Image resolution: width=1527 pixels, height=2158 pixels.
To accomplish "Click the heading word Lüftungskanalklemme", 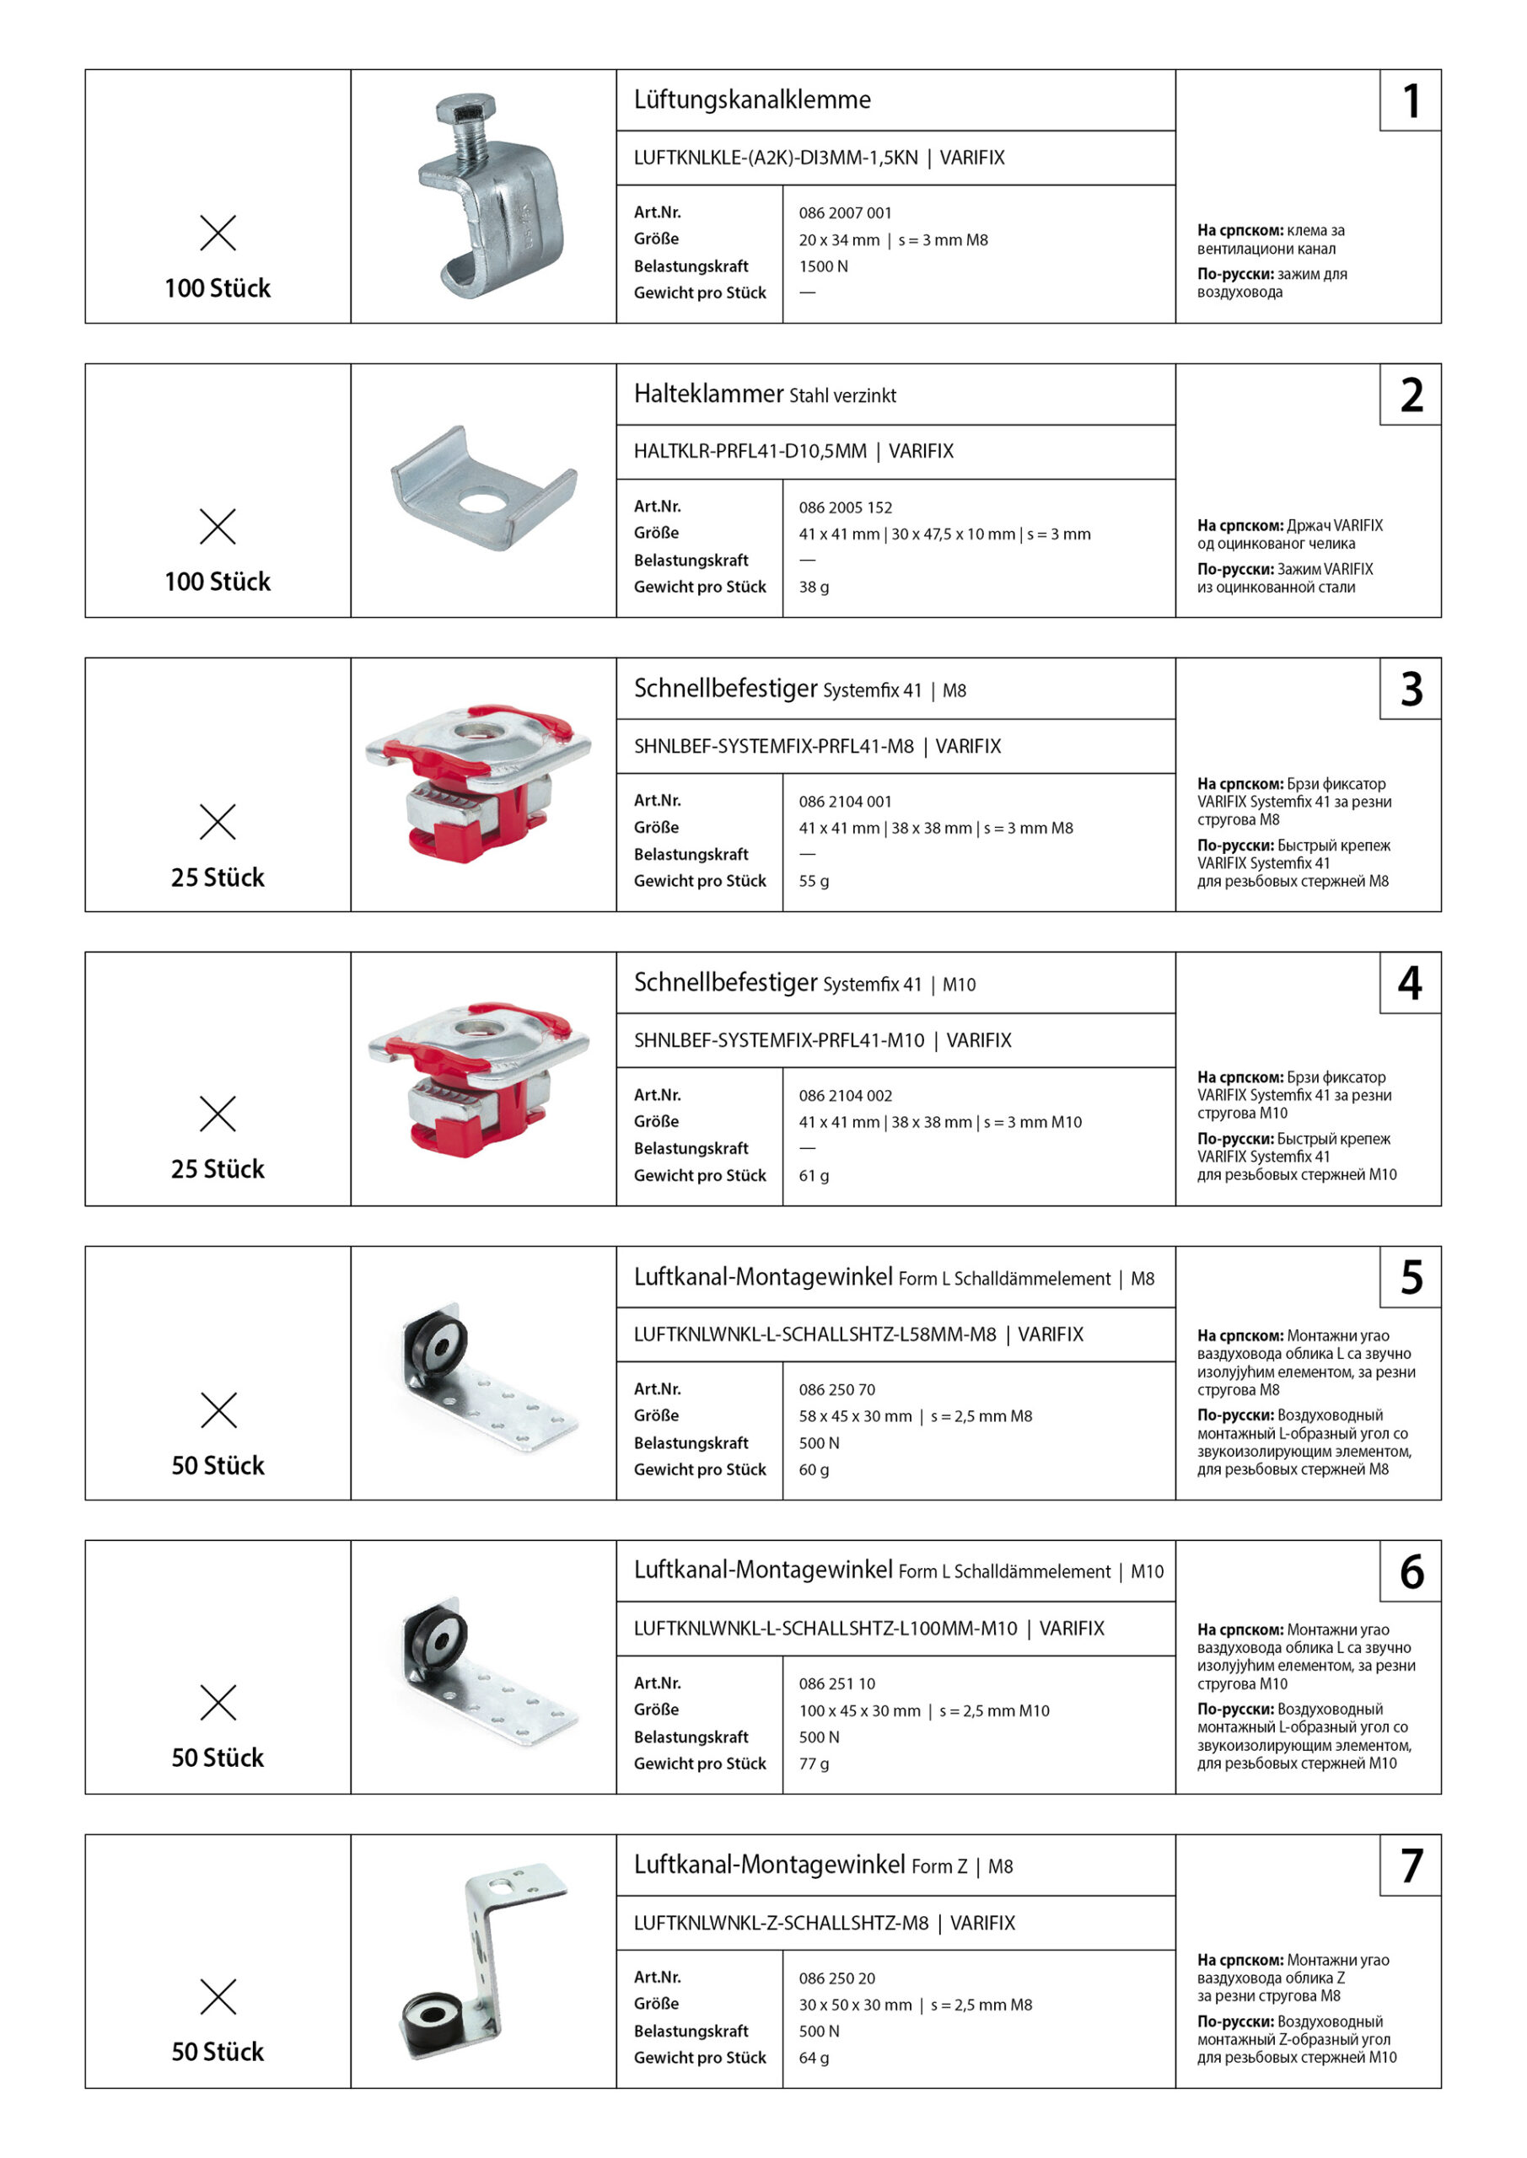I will tap(751, 99).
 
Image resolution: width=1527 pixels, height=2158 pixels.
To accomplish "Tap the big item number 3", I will tap(1411, 689).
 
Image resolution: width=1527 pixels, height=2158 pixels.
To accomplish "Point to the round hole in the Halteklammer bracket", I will tap(483, 499).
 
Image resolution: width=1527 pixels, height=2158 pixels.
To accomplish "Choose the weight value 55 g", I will tap(814, 881).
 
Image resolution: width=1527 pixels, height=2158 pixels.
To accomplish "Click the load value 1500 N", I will tap(823, 266).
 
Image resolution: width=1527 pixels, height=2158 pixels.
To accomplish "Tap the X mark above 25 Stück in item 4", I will tap(218, 1114).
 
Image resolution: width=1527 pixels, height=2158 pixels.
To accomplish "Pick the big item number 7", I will tap(1411, 1865).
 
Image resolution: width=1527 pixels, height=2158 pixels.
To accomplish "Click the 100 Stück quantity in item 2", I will tap(218, 582).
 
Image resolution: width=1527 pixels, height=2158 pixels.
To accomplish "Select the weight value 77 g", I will tap(814, 1763).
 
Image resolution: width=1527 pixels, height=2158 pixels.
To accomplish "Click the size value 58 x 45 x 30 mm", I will tap(855, 1415).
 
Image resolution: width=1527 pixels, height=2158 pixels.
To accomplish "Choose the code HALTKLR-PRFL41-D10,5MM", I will tap(750, 451).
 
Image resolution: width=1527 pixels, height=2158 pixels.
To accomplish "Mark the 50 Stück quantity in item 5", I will tap(218, 1465).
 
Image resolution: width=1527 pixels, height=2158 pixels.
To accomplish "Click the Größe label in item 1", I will tap(655, 239).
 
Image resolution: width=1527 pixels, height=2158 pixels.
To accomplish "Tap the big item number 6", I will tap(1411, 1571).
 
